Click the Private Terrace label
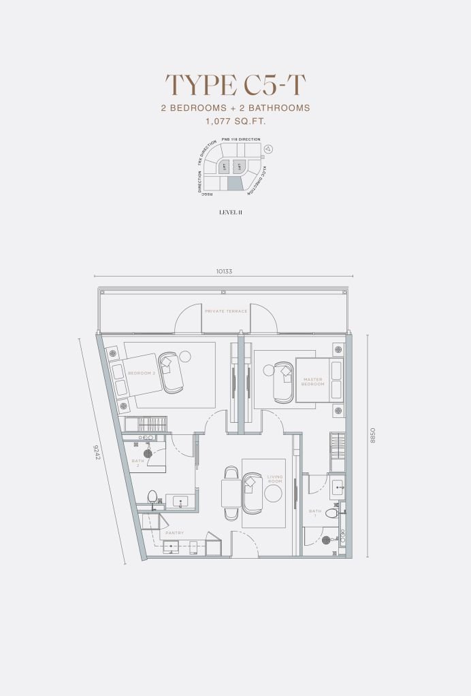pos(226,311)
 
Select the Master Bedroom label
pos(313,381)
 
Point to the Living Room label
pos(274,479)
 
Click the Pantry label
pos(174,533)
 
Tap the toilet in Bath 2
pos(152,497)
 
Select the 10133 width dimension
pos(224,271)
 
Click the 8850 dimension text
pos(372,445)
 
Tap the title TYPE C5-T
pos(235,86)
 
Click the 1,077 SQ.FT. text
pos(235,122)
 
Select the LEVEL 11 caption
pos(231,213)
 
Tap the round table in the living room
pos(273,495)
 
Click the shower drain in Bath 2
pos(147,453)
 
